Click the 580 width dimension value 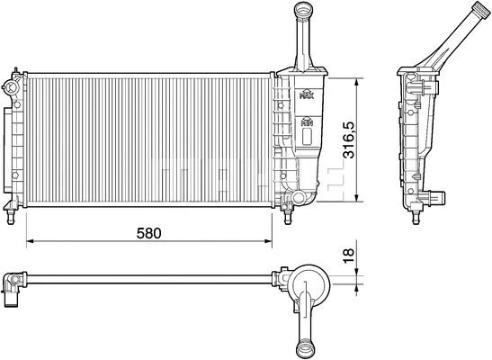148,232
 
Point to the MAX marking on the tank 306,93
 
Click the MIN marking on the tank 306,120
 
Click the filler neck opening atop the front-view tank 300,9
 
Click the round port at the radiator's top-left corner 10,87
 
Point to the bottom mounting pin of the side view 417,214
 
